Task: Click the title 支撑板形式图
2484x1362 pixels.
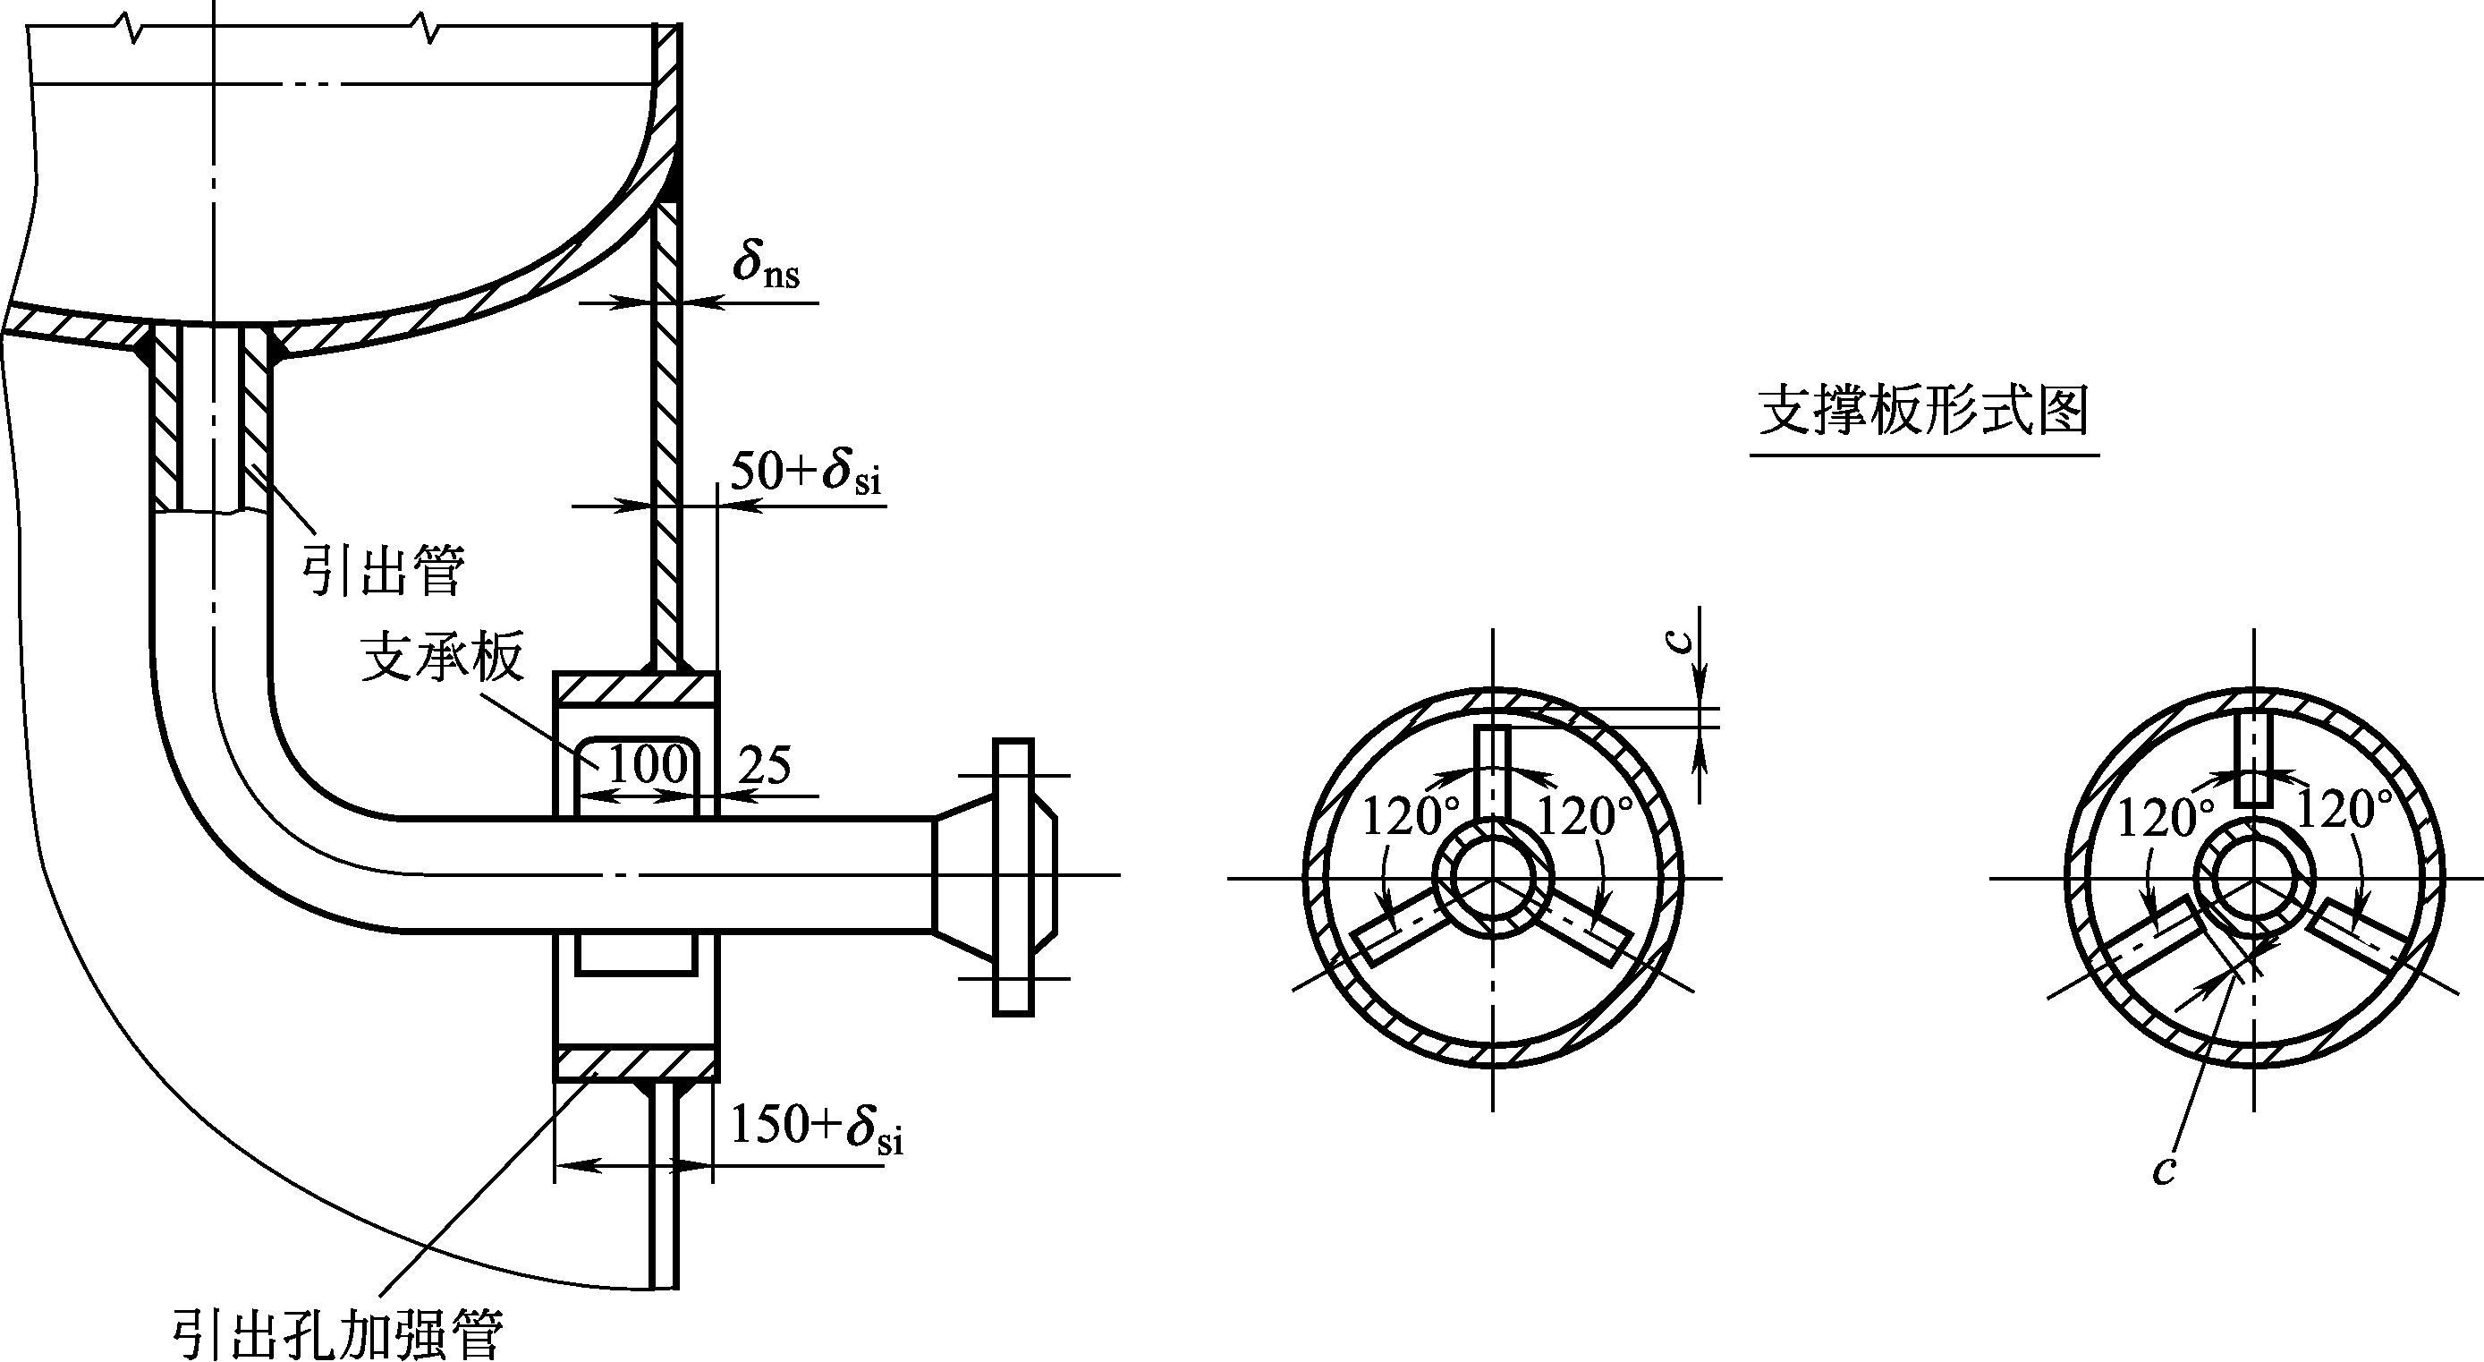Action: [1924, 412]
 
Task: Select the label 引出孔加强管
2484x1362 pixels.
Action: [336, 1333]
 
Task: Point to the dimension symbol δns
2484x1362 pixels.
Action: [766, 261]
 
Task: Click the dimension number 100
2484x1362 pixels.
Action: [647, 765]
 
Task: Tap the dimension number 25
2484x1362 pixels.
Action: [765, 765]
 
